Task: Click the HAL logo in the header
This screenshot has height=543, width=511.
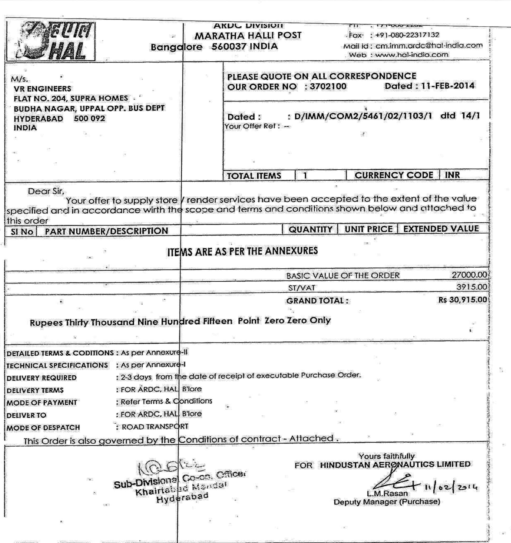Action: [x=51, y=42]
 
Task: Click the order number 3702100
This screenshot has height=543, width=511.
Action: [x=328, y=86]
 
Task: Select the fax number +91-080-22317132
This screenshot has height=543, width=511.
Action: [x=407, y=35]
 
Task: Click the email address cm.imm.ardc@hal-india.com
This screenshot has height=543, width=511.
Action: [x=429, y=45]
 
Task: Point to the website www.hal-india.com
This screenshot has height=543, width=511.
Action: [x=412, y=55]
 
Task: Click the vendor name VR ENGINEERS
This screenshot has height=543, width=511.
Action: [x=42, y=89]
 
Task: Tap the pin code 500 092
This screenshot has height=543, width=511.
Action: [x=89, y=119]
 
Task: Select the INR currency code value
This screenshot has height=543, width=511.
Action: [x=452, y=175]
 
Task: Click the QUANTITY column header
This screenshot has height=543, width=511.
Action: [x=310, y=229]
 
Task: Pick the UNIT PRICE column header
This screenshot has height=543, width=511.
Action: [x=368, y=229]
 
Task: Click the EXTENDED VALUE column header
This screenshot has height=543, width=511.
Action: [x=441, y=229]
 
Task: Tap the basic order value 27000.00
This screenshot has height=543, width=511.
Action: [x=469, y=275]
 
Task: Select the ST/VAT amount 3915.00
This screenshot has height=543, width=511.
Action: [x=471, y=287]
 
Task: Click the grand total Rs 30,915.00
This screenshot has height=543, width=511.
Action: [x=462, y=300]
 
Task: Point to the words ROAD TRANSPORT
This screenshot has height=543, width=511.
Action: [x=155, y=427]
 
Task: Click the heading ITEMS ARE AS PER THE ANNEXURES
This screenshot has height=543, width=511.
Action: [x=242, y=251]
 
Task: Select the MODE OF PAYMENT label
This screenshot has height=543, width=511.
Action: [x=42, y=403]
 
